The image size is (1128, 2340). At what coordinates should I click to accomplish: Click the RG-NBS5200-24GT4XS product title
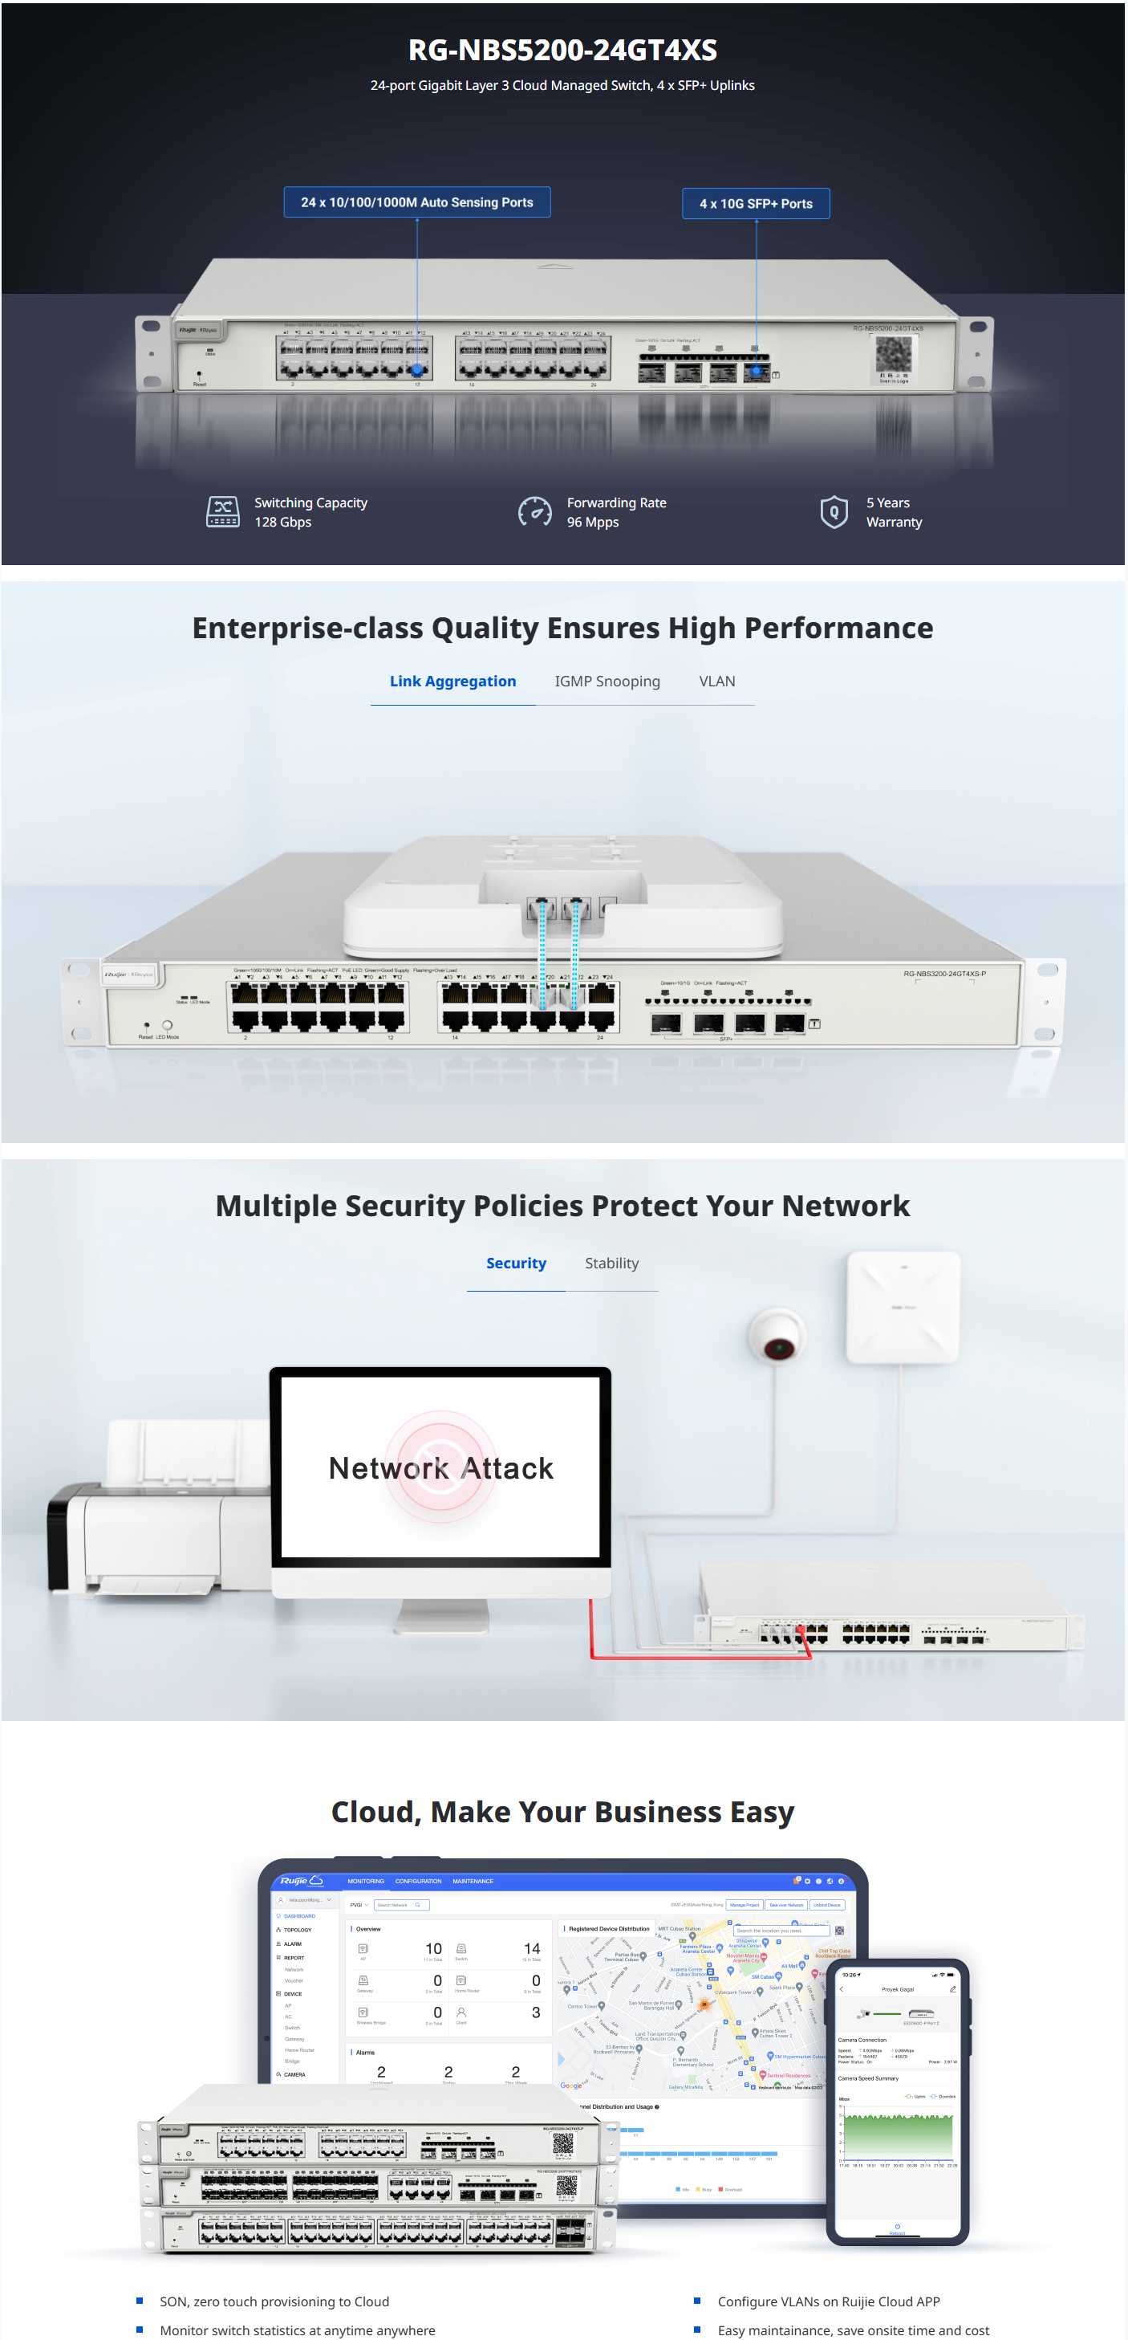562,50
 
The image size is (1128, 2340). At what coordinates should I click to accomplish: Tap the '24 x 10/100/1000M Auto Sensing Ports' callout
417,202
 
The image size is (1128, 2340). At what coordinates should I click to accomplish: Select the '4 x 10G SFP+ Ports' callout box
756,203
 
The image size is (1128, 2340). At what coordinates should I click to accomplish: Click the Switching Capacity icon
222,511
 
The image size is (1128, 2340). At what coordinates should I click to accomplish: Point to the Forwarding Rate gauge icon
534,511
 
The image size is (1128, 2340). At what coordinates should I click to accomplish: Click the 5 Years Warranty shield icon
834,511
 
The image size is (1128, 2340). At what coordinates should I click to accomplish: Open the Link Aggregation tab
452,682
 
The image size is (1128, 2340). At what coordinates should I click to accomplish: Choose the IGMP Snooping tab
607,682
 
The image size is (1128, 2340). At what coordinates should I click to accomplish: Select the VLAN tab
716,682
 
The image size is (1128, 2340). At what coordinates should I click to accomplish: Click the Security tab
516,1263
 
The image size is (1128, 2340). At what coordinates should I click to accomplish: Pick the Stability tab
611,1263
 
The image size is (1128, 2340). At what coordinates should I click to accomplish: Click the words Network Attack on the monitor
440,1468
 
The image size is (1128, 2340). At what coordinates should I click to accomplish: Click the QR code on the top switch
893,353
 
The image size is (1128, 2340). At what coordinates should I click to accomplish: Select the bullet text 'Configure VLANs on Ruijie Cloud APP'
828,2301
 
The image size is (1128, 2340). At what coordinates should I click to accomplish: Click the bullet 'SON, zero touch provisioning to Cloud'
274,2301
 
